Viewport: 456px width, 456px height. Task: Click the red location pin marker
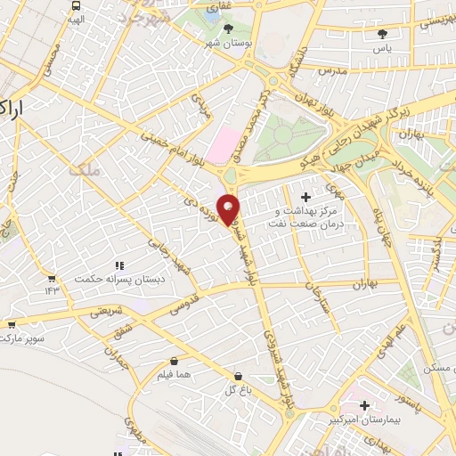pyautogui.click(x=229, y=209)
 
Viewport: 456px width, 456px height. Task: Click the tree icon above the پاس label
pyautogui.click(x=383, y=34)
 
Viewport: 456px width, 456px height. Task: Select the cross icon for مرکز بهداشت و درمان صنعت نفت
pyautogui.click(x=306, y=196)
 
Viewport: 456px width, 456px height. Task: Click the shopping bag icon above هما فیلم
pyautogui.click(x=174, y=362)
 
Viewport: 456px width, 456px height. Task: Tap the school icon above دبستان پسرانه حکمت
pyautogui.click(x=119, y=265)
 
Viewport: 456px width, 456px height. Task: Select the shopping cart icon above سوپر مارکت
pyautogui.click(x=12, y=326)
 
